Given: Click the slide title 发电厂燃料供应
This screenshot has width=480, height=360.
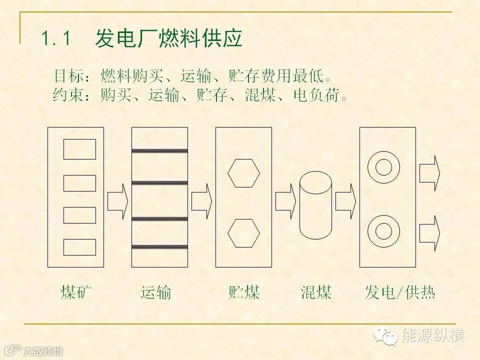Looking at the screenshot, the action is coord(168,38).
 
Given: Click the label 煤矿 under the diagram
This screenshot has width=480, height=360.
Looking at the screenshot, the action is coord(76,291).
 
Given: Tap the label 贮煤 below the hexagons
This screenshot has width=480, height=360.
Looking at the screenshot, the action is coord(244,291).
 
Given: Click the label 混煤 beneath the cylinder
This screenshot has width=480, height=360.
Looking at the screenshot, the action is coord(316,291).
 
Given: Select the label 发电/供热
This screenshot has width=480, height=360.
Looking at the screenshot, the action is coord(400,292).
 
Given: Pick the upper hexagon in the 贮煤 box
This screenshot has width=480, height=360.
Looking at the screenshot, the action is coord(243,173).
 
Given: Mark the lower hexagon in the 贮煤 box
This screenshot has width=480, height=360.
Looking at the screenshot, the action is coord(243,233).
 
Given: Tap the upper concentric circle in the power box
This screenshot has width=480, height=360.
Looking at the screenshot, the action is coord(383,166).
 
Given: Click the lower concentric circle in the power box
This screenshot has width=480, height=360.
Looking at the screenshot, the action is coord(383,231).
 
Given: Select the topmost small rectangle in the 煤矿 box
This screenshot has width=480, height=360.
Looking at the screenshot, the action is coord(79,149).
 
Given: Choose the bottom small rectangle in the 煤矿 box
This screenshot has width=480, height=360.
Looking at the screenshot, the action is coord(79,247).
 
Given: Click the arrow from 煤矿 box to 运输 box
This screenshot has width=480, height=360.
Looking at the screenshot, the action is coord(117,200).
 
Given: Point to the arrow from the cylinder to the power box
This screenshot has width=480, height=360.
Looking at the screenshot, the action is coord(345,200).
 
